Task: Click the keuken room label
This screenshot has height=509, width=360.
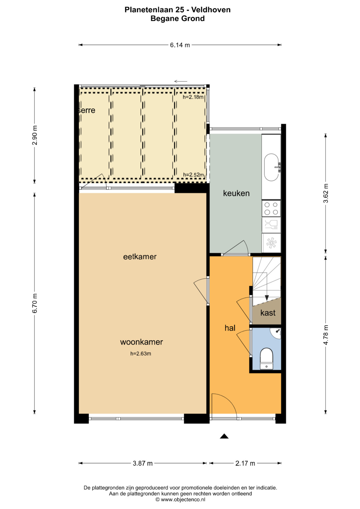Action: [x=236, y=193]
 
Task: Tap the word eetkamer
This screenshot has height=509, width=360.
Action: [x=140, y=257]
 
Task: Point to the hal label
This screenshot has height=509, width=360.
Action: [x=230, y=328]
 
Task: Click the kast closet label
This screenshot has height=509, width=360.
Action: [x=268, y=313]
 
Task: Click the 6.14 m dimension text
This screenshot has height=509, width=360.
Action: [x=180, y=45]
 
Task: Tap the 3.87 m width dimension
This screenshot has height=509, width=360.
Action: [x=143, y=463]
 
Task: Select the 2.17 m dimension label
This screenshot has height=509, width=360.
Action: [x=245, y=463]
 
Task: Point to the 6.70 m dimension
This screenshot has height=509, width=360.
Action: [x=35, y=303]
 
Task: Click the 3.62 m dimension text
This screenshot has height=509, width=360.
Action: [x=326, y=193]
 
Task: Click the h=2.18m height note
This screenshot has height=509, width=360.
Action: [x=193, y=97]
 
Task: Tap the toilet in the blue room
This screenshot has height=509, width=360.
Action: [x=266, y=359]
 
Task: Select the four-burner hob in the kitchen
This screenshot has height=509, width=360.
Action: [x=271, y=208]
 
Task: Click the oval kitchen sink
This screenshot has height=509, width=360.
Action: [x=271, y=167]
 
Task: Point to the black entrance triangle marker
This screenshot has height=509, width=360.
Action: [x=224, y=436]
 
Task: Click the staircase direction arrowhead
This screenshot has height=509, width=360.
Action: [x=267, y=298]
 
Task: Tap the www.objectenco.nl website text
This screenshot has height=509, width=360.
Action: [x=183, y=499]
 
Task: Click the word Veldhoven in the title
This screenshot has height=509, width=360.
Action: [x=211, y=10]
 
